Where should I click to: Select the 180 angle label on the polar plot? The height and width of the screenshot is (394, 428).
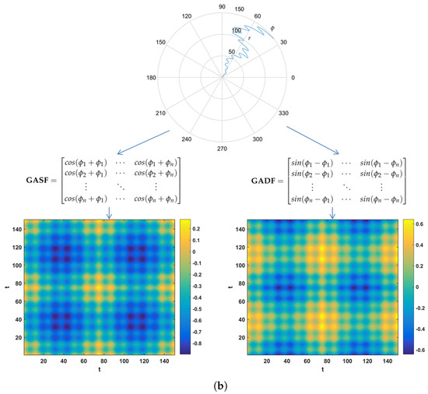pos(151,78)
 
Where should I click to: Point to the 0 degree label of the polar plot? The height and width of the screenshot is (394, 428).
pos(293,78)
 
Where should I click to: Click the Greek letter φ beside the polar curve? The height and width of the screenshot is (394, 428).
pos(272,29)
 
